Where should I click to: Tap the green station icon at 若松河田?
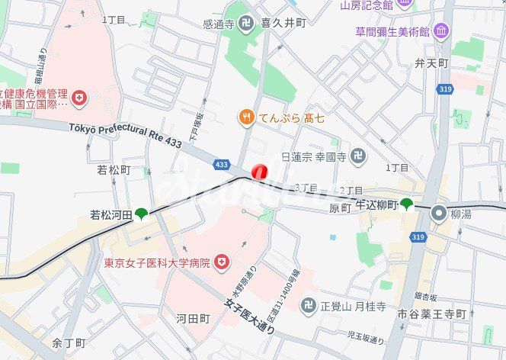pos(141,215)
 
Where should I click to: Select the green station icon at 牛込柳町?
pos(407,204)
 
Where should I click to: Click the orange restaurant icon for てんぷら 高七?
pos(245,117)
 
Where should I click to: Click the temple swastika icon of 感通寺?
pos(245,24)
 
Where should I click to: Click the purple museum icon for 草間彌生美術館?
pos(441,31)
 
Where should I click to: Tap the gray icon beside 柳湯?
pos(438,214)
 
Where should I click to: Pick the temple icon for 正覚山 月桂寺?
pos(308,305)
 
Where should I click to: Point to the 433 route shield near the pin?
pos(222,164)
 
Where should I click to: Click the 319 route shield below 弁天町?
pos(444,89)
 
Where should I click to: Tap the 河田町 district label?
pos(193,317)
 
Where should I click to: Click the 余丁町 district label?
pos(69,344)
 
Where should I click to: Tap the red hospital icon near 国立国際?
pos(80,98)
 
